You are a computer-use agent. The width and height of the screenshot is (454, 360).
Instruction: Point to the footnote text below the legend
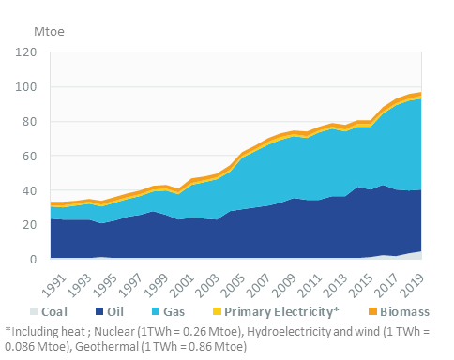pyautogui.click(x=225, y=337)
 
